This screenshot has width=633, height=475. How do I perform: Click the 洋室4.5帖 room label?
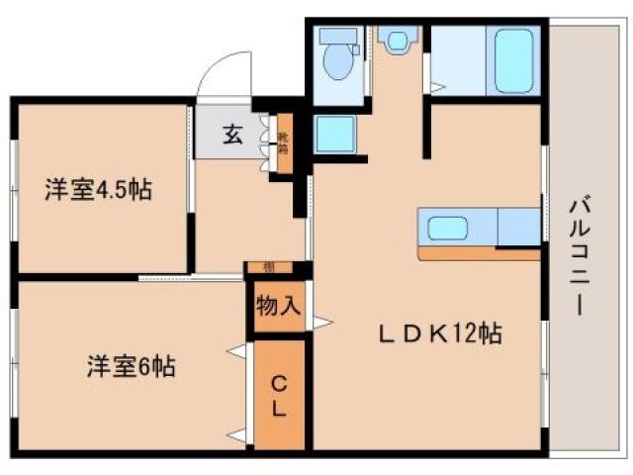pyautogui.click(x=98, y=189)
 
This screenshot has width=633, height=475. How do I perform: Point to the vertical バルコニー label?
pyautogui.click(x=576, y=256)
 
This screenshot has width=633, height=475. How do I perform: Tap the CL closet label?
pyautogui.click(x=279, y=395)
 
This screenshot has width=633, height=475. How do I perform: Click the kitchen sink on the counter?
pyautogui.click(x=449, y=228)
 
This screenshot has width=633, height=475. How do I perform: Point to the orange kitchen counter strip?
pyautogui.click(x=479, y=253)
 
